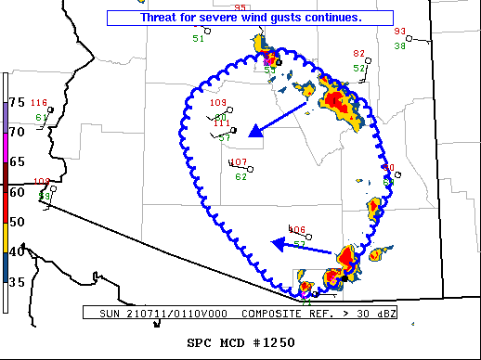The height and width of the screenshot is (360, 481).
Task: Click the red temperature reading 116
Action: [x=38, y=102]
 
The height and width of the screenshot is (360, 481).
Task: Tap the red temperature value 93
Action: [x=400, y=32]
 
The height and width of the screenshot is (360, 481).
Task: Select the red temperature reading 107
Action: [x=238, y=162]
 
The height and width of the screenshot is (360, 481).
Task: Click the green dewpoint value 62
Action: [x=240, y=176]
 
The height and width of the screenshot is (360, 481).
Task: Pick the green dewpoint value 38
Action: [x=399, y=45]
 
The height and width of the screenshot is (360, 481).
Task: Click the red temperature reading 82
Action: [x=359, y=54]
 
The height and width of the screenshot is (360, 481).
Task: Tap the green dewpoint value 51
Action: [x=198, y=38]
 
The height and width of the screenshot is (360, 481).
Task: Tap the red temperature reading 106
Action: [x=297, y=230]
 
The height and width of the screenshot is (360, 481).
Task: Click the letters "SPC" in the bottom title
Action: [x=201, y=343]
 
